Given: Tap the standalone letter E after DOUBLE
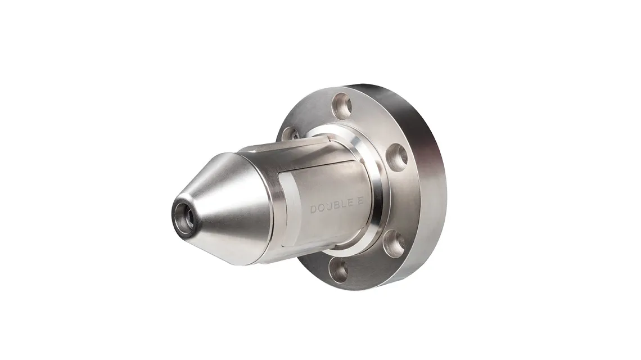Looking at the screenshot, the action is point(360,208).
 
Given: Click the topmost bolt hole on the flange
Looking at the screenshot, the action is point(342,103).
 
